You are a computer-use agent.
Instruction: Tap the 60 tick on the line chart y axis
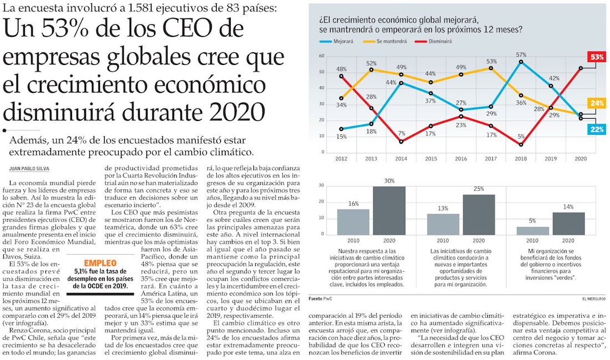pos(322,57)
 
